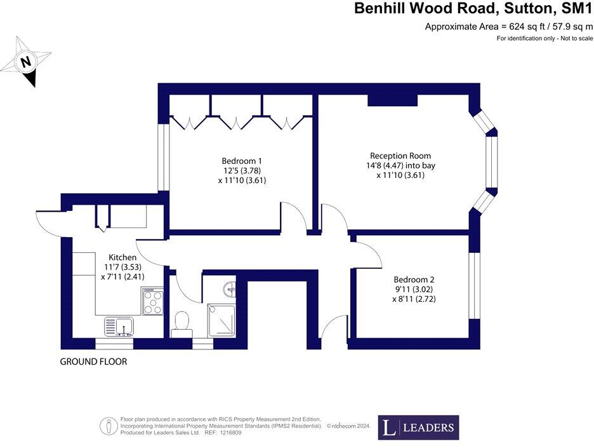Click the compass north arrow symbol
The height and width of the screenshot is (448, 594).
coord(25,62)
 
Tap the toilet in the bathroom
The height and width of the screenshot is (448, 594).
coord(182,321)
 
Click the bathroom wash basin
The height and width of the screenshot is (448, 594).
coord(229,289)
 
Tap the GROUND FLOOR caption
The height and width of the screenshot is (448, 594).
coord(93,362)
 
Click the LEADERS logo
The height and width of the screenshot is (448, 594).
coord(418,428)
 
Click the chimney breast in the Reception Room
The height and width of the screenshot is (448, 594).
coord(392,100)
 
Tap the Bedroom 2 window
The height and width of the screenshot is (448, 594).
coord(472,286)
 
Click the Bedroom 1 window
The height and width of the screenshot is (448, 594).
coord(162,156)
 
